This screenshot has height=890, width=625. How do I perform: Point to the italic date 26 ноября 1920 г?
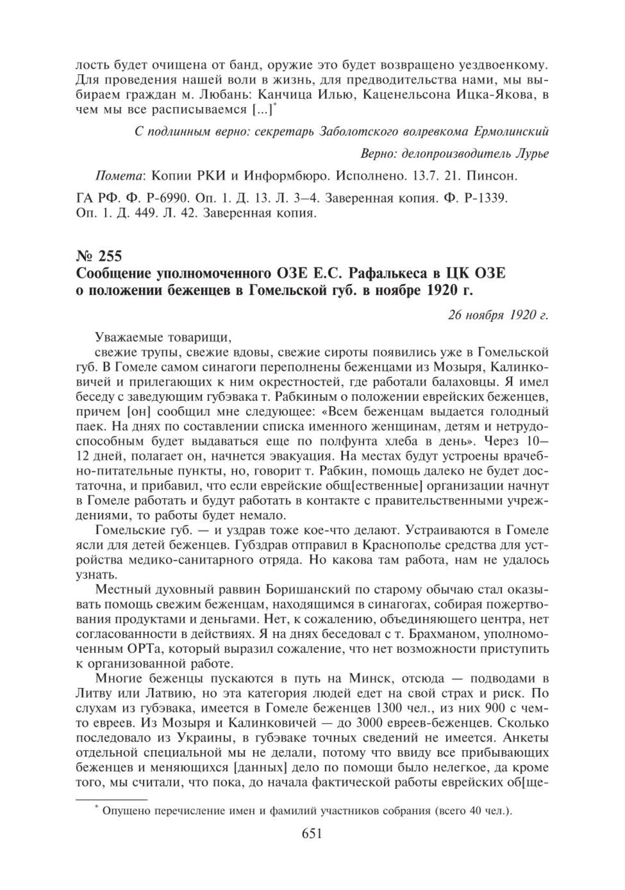click(498, 315)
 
